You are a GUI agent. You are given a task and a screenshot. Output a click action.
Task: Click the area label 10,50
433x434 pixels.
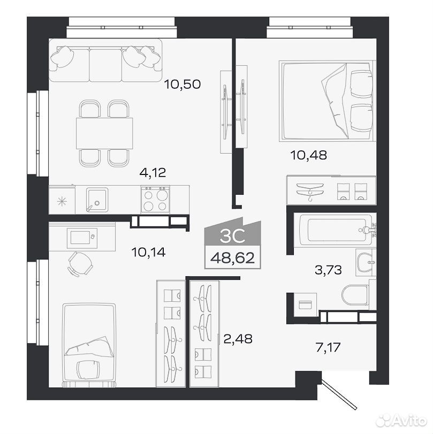tap(182, 84)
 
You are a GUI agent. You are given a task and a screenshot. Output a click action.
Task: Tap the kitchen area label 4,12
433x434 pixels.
tap(153, 173)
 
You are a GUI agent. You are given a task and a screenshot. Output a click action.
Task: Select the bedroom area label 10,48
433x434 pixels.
tap(308, 155)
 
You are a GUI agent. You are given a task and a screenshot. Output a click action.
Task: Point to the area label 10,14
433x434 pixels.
tap(148, 252)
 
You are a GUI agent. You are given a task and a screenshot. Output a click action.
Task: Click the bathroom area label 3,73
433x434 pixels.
tap(328, 270)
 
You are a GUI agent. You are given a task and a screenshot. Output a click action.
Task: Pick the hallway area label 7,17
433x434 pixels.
tap(328, 347)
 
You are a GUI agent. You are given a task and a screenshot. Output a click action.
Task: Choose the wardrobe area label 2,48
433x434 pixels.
tap(238, 339)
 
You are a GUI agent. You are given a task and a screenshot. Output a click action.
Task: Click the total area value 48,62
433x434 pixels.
tap(233, 258)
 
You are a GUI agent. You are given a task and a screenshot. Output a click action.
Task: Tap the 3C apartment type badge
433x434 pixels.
tap(233, 232)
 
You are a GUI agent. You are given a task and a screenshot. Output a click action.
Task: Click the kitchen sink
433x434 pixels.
tap(97, 200)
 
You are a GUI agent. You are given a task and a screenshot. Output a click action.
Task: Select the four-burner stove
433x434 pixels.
tap(155, 199)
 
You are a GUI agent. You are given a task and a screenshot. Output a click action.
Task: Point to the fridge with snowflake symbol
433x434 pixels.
tap(62, 200)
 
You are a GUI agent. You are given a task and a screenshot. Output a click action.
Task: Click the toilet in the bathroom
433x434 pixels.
tap(355, 295)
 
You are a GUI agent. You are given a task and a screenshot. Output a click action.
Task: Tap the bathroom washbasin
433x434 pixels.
tap(366, 262)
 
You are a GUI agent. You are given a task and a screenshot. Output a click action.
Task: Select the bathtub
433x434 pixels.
tap(335, 230)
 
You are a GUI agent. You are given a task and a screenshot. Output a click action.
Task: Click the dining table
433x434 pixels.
tap(104, 133)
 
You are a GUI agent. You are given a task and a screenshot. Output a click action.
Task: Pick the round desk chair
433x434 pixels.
tap(80, 264)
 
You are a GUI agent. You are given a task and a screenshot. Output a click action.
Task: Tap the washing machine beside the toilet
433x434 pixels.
tap(305, 304)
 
